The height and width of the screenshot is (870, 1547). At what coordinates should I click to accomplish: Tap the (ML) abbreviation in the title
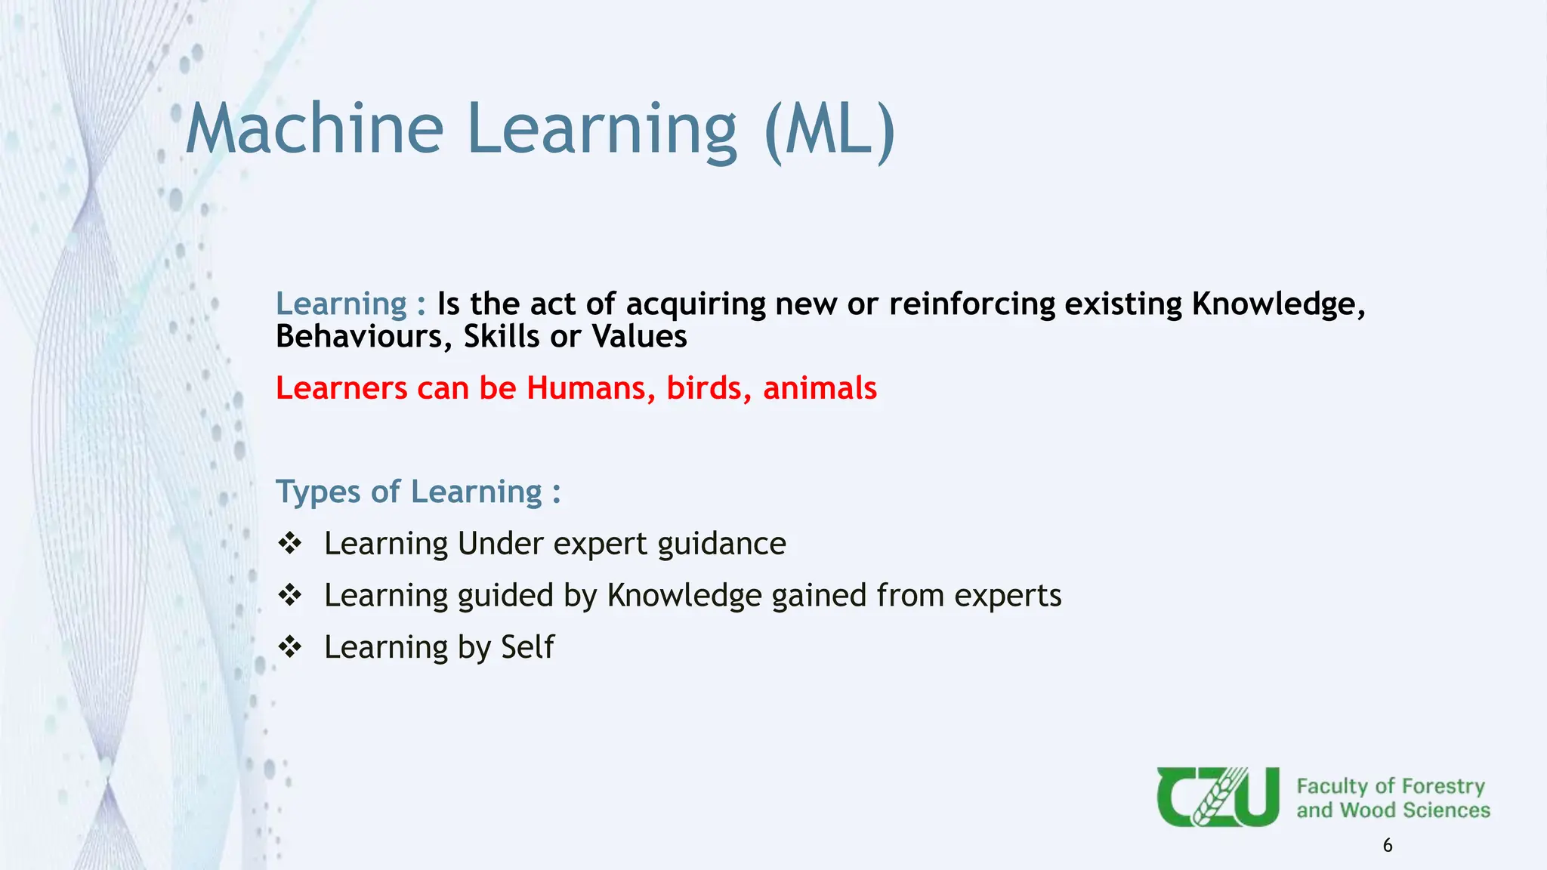[x=829, y=130]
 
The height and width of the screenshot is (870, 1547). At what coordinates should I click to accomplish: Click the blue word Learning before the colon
[x=341, y=304]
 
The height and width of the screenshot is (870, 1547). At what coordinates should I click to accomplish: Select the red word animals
[x=820, y=388]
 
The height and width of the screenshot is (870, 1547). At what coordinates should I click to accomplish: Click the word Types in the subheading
[x=318, y=492]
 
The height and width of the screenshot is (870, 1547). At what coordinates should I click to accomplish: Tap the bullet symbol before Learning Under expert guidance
[x=290, y=543]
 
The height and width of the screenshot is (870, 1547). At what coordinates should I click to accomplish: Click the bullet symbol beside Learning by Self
[x=290, y=646]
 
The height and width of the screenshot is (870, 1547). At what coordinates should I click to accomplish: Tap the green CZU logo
[x=1218, y=797]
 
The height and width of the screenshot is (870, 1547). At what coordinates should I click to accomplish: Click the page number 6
[x=1388, y=846]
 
